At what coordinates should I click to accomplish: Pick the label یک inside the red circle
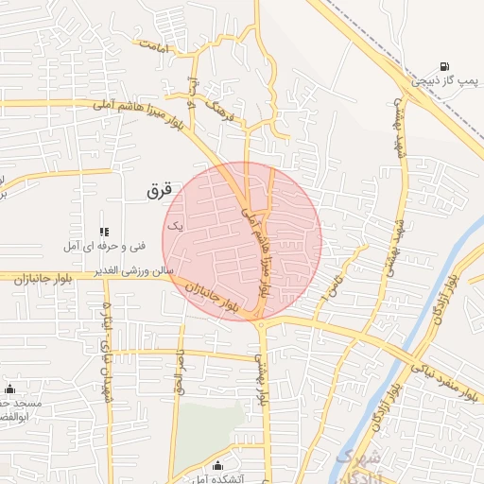click(174, 226)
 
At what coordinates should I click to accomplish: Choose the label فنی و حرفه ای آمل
click(104, 246)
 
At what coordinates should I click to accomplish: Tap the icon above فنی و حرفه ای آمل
click(104, 231)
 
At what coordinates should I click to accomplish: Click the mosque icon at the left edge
click(10, 389)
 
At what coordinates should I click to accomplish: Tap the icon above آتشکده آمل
click(218, 465)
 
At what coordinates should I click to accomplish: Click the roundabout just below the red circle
click(260, 325)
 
